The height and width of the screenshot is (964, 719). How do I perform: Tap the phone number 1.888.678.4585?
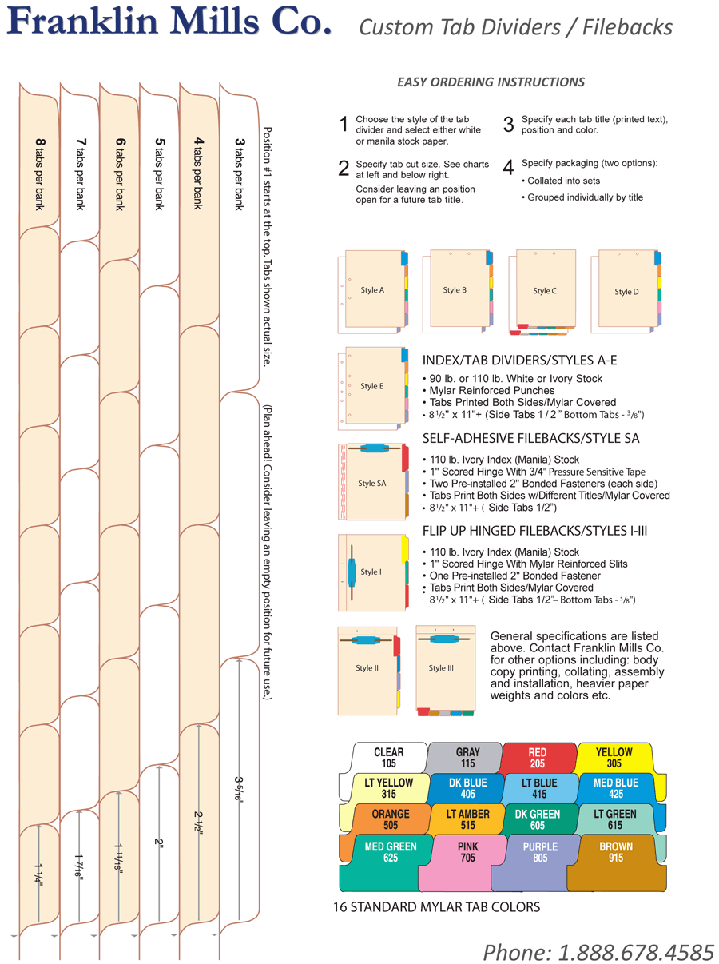pos(598,952)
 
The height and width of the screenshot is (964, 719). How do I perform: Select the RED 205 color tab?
pos(538,758)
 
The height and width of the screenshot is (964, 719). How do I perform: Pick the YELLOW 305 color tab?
pos(614,758)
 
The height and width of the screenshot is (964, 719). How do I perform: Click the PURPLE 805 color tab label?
pos(540,852)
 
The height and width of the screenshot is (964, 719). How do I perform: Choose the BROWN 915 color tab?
pos(615,852)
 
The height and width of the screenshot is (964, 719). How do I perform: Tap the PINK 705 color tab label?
pos(467,852)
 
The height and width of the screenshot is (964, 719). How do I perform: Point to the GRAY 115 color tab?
pos(467,758)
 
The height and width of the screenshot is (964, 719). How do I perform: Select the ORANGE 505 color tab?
pos(391,819)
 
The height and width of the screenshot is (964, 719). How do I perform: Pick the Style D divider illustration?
pos(627,292)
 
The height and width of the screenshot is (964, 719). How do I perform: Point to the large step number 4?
pos(507,168)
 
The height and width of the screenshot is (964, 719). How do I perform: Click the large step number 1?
pos(344,125)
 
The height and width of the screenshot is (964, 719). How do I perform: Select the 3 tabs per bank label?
pos(239,173)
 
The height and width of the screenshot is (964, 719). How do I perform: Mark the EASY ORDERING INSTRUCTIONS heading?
pos(491,82)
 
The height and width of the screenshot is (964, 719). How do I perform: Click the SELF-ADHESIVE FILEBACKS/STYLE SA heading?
pos(530,439)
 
